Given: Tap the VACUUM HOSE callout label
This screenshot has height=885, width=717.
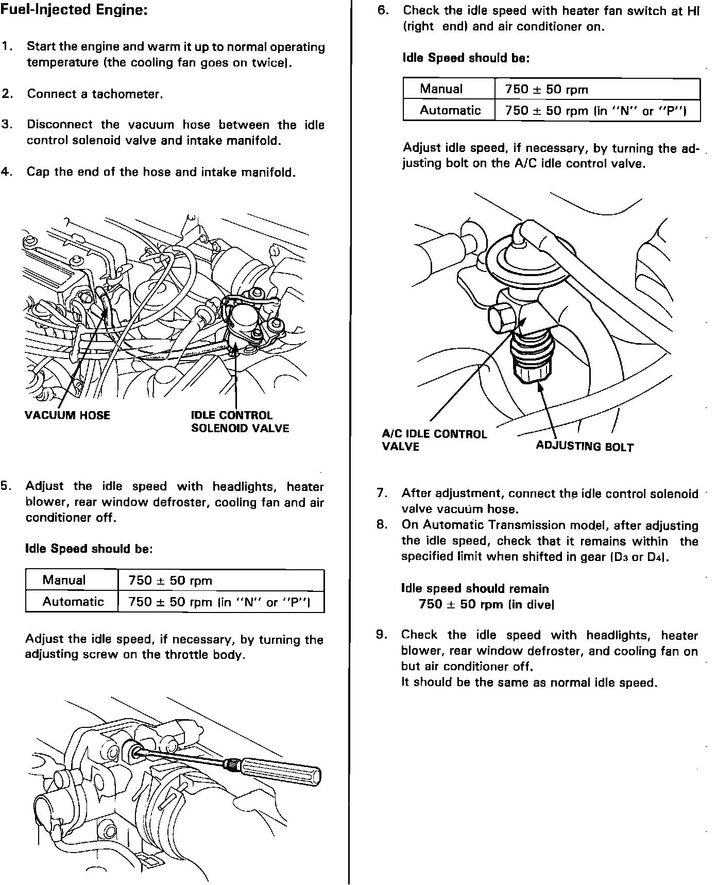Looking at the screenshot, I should (67, 415).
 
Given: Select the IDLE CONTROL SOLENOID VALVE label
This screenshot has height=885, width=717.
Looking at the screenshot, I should (240, 422).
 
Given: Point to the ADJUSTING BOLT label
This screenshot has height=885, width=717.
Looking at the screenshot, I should (585, 446).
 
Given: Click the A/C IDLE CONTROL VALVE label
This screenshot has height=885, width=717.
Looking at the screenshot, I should (434, 440).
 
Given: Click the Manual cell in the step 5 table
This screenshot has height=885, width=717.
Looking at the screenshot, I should (64, 580).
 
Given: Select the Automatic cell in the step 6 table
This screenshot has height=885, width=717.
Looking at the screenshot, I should (450, 110).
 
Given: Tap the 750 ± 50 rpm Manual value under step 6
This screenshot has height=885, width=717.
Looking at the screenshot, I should (547, 89).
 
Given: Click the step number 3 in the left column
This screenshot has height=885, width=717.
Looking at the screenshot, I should (7, 125).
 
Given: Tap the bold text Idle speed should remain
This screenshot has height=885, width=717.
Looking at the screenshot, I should (475, 588).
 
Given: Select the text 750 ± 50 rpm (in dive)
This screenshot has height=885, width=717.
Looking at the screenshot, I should (486, 604).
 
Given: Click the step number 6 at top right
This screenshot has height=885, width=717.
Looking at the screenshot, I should (383, 10).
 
